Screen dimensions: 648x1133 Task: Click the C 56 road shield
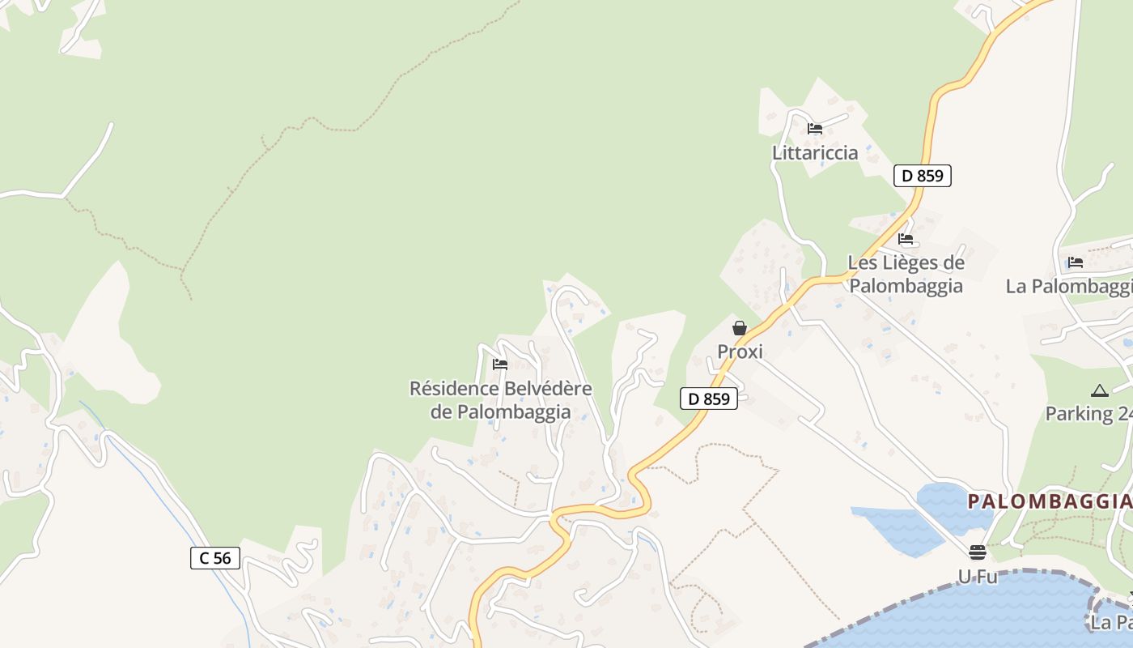point(215,557)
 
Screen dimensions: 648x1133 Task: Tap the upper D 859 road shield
point(922,175)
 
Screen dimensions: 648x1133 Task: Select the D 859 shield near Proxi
point(709,399)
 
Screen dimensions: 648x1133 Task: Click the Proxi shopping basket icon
point(739,328)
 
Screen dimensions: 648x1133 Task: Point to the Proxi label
point(740,352)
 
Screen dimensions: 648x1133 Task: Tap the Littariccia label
point(814,152)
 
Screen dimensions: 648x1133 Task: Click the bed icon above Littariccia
point(815,129)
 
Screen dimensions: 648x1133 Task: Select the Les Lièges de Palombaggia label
point(906,274)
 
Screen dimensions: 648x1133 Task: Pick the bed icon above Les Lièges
point(906,239)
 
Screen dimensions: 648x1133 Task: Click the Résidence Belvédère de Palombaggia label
point(500,400)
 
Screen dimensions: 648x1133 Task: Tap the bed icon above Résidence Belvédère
point(499,364)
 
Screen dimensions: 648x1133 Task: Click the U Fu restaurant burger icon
point(978,552)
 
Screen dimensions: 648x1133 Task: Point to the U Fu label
point(978,577)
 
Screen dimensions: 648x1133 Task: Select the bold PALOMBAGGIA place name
point(1049,501)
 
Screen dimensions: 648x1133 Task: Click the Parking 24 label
point(1088,414)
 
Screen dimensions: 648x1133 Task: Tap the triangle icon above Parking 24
point(1100,390)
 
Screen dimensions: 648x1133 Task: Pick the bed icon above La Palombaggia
point(1076,262)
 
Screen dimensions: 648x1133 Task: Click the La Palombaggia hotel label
point(1068,286)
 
